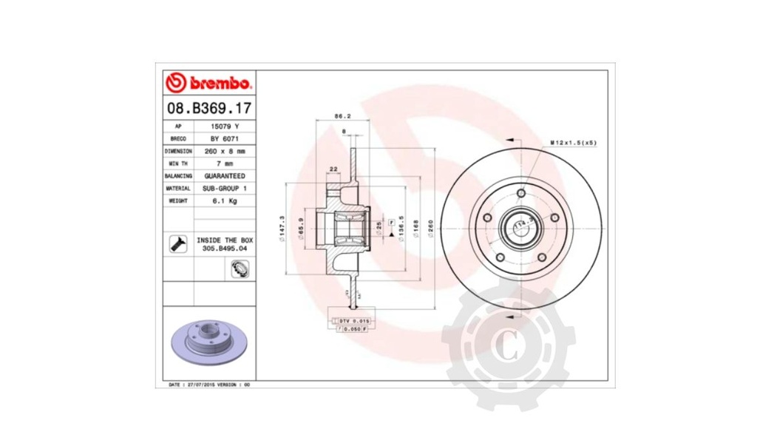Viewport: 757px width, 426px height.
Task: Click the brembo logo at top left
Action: click(209, 81)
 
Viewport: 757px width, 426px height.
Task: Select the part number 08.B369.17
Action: click(209, 108)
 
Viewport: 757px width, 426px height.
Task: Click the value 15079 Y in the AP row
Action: click(225, 126)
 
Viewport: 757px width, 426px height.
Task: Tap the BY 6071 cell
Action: click(225, 139)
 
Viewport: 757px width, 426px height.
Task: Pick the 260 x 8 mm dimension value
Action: click(225, 151)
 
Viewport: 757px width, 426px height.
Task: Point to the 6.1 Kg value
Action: click(225, 200)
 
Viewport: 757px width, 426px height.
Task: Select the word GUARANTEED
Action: click(225, 176)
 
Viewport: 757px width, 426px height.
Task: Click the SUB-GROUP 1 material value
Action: click(225, 189)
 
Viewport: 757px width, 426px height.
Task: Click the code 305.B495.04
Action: click(225, 249)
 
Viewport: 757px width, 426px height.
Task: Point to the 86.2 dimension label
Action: click(342, 116)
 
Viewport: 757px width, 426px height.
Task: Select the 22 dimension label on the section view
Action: click(333, 169)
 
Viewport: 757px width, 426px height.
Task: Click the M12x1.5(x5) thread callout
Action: click(573, 141)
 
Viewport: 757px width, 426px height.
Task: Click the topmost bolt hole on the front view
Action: click(520, 193)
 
